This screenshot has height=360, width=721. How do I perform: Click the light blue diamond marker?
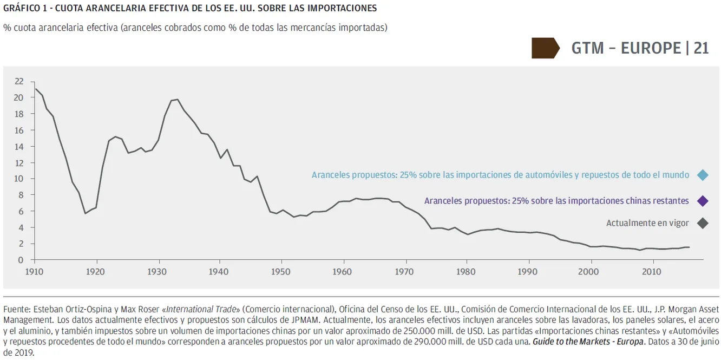click(x=703, y=175)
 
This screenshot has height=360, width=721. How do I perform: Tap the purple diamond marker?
click(x=703, y=201)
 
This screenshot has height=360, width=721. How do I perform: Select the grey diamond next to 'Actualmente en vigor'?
click(x=703, y=223)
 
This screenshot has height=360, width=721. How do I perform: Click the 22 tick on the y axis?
click(x=19, y=81)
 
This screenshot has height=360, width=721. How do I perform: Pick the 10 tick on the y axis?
click(x=19, y=179)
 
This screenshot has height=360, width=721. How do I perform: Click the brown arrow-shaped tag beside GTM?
click(x=545, y=48)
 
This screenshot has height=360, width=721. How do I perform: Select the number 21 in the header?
click(x=701, y=48)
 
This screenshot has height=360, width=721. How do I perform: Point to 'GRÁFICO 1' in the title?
click(x=22, y=9)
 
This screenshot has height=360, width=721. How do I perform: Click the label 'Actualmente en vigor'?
click(x=647, y=223)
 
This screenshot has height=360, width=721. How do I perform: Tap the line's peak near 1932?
click(x=178, y=99)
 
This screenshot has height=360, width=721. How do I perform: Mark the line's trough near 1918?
click(x=85, y=213)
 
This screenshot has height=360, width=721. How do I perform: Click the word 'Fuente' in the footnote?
click(x=16, y=310)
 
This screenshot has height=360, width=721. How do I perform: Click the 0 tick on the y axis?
click(x=21, y=260)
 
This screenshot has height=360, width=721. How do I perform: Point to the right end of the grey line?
click(x=689, y=247)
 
